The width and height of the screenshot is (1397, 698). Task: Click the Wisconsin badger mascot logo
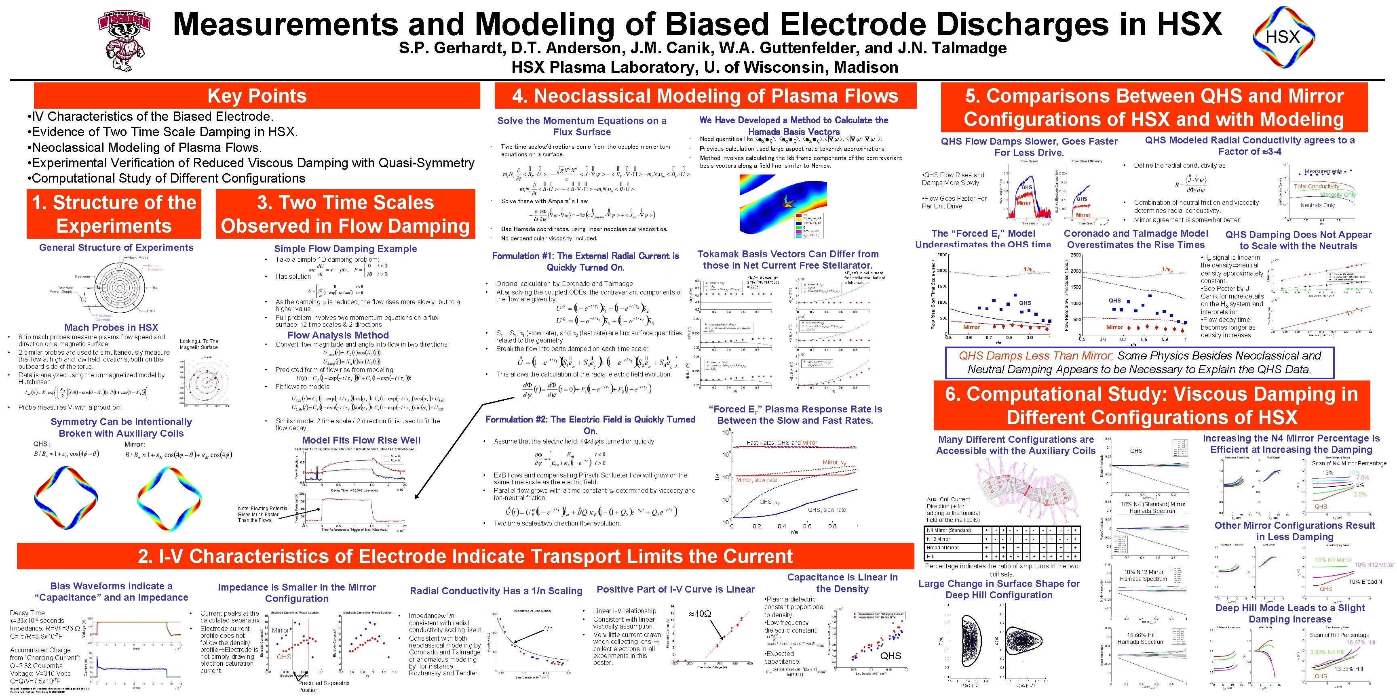point(124,41)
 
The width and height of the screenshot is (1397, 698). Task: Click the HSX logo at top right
point(1283,37)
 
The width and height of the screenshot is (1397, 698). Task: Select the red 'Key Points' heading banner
point(257,96)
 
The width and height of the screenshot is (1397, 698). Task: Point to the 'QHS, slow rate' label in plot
point(827,509)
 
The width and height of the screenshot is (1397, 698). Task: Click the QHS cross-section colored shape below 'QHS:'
point(66,498)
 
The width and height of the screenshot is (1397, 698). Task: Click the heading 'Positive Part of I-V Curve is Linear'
point(675,589)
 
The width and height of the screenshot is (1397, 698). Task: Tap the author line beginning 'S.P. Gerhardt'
point(702,48)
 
